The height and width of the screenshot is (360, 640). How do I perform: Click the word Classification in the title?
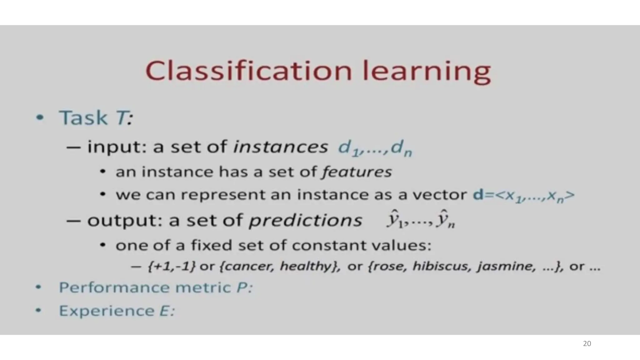pos(248,71)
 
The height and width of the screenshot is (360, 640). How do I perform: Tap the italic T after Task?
pos(122,118)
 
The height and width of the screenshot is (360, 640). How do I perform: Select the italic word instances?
pos(281,147)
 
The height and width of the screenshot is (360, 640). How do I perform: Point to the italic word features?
pos(357,172)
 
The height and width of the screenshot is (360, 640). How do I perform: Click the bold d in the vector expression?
pos(478,195)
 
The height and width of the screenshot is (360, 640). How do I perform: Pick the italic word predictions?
pos(305,220)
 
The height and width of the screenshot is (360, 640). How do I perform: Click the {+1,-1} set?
pos(172,266)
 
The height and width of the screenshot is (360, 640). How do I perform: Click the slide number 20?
pos(587,344)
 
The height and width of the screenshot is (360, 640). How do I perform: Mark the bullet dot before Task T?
pos(39,118)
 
